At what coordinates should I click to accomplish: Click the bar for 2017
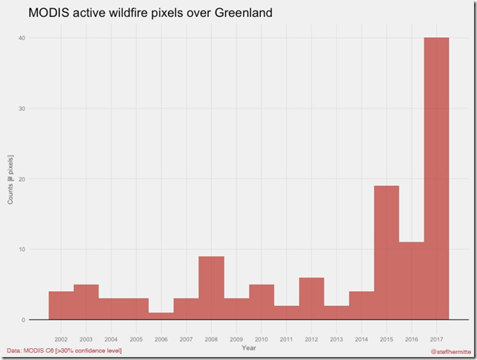[x=436, y=179]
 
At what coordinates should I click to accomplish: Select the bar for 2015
[x=387, y=253]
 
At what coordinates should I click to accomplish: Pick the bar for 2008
[x=211, y=288]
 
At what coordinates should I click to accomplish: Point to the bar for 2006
[x=161, y=316]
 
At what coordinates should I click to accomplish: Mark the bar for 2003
[x=86, y=302]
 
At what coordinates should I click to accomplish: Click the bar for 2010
[x=261, y=302]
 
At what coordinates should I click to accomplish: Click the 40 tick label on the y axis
[x=21, y=39]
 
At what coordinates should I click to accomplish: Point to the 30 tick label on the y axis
[x=21, y=109]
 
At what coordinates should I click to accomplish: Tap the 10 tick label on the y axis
[x=21, y=250]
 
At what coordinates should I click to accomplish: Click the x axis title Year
[x=248, y=347]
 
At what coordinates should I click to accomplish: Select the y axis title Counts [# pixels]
[x=10, y=179]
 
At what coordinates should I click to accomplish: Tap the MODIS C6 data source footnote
[x=63, y=350]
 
